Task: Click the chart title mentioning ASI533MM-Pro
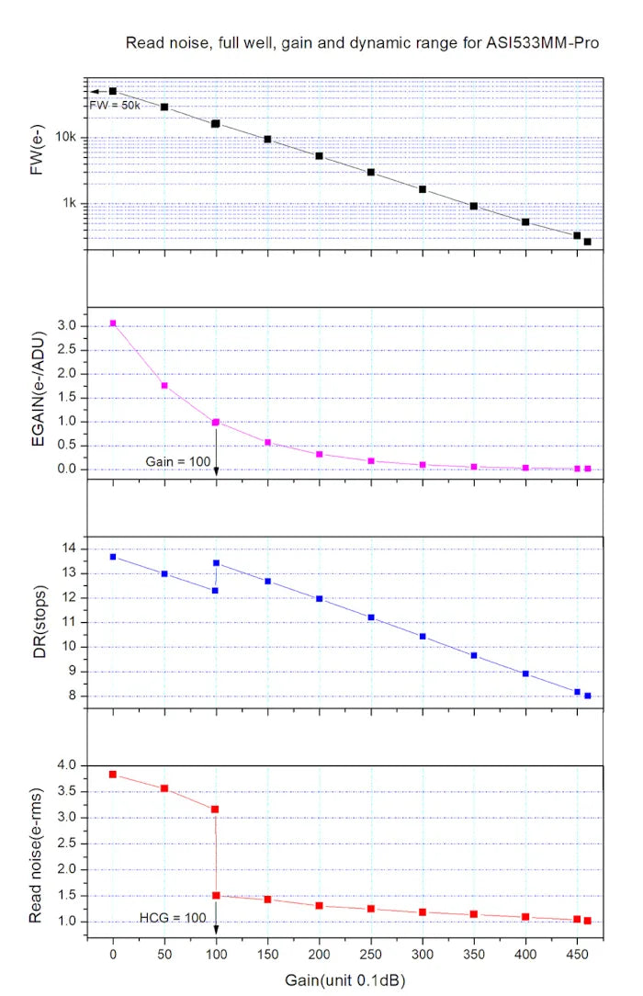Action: point(362,43)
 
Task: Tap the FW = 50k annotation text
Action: point(115,106)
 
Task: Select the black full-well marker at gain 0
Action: point(113,91)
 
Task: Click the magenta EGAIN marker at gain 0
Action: point(113,323)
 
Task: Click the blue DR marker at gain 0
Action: point(113,557)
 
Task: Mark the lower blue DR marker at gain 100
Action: point(215,590)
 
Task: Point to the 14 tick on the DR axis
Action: point(71,549)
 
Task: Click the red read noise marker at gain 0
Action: point(113,775)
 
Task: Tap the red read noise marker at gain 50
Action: point(164,788)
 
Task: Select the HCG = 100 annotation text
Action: point(173,917)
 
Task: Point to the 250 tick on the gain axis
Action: point(371,955)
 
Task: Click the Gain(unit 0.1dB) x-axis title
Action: point(344,979)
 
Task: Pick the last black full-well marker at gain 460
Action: point(587,242)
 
